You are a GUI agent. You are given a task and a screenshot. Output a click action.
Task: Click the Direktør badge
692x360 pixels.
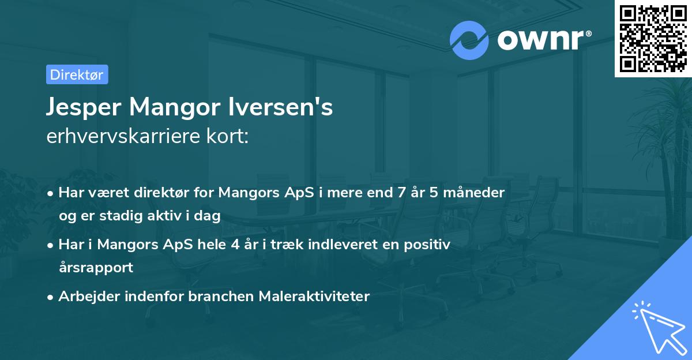[77, 74]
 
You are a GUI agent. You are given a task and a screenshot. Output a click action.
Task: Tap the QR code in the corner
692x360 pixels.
[653, 38]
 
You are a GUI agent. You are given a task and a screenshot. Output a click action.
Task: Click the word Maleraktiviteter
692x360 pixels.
[314, 297]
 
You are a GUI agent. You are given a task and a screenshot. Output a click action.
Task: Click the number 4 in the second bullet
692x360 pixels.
[235, 245]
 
